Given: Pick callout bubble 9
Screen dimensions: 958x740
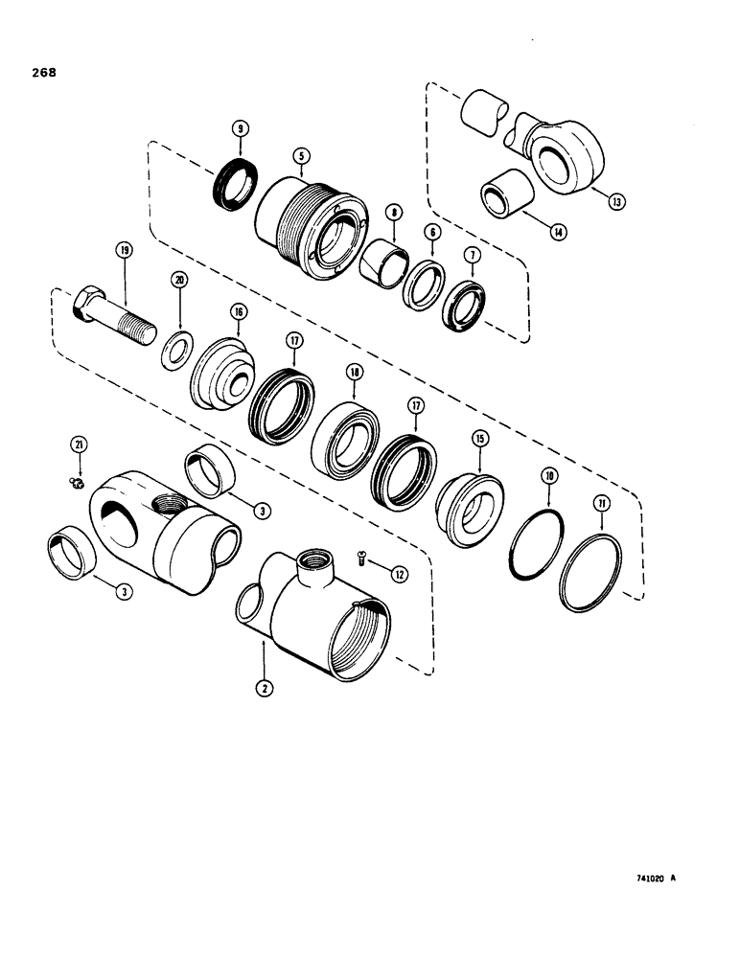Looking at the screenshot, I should tap(241, 127).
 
